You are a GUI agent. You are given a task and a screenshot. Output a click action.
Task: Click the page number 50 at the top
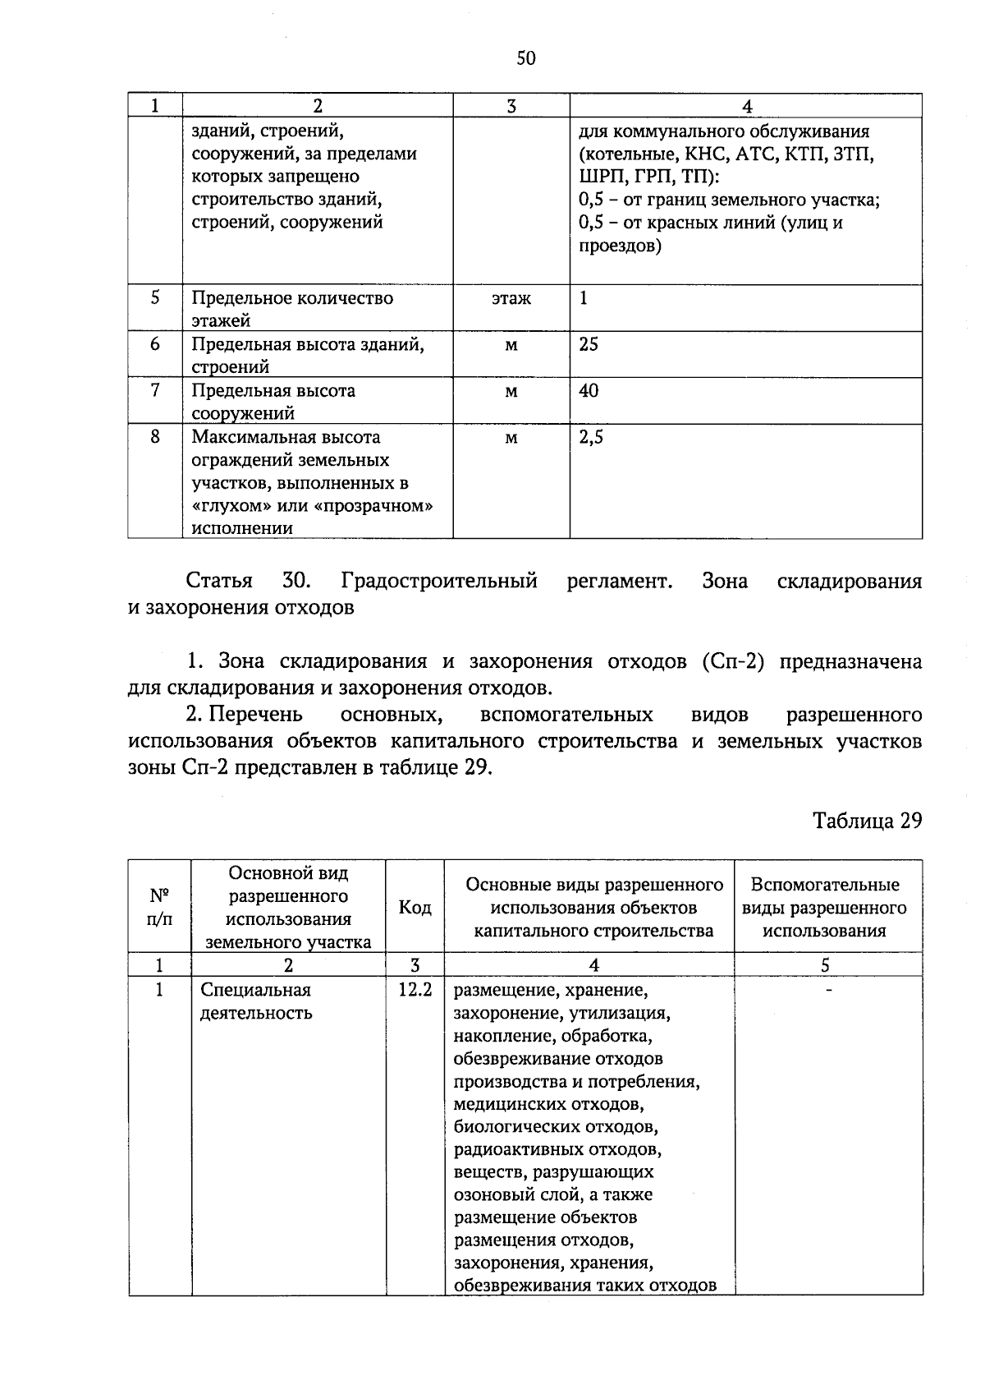tap(525, 58)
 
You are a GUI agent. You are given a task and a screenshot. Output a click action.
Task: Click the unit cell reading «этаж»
tap(511, 299)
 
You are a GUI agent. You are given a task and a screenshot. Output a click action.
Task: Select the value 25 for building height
tap(589, 345)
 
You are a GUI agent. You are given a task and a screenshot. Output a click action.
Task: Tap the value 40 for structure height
tap(589, 391)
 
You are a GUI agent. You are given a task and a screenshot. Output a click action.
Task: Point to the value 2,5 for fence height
tap(590, 438)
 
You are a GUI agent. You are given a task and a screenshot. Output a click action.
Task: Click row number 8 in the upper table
tap(155, 437)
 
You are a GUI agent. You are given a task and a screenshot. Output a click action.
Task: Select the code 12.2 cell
tap(415, 990)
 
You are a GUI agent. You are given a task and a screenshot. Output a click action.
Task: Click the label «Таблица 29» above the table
tap(867, 821)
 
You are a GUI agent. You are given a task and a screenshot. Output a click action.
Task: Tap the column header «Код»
tap(415, 908)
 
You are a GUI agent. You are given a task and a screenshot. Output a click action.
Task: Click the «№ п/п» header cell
tap(159, 907)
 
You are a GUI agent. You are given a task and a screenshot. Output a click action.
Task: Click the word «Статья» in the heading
tap(219, 582)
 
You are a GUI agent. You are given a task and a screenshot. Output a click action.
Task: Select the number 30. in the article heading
tap(295, 582)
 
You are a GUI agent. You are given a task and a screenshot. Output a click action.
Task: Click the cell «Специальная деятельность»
tap(256, 1001)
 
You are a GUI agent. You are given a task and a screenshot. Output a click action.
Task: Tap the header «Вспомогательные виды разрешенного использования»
tap(825, 908)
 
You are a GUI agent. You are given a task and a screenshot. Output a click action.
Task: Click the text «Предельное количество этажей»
tap(291, 309)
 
